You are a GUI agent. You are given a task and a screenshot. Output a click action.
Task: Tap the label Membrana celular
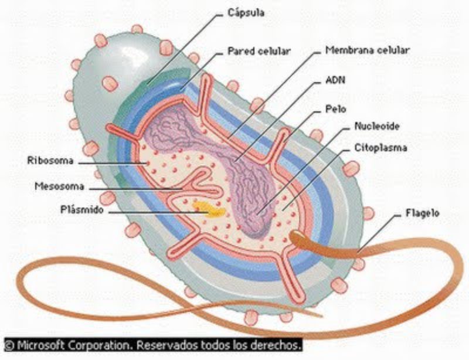tap(359, 50)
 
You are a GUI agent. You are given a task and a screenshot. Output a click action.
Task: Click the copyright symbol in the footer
tap(10, 344)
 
